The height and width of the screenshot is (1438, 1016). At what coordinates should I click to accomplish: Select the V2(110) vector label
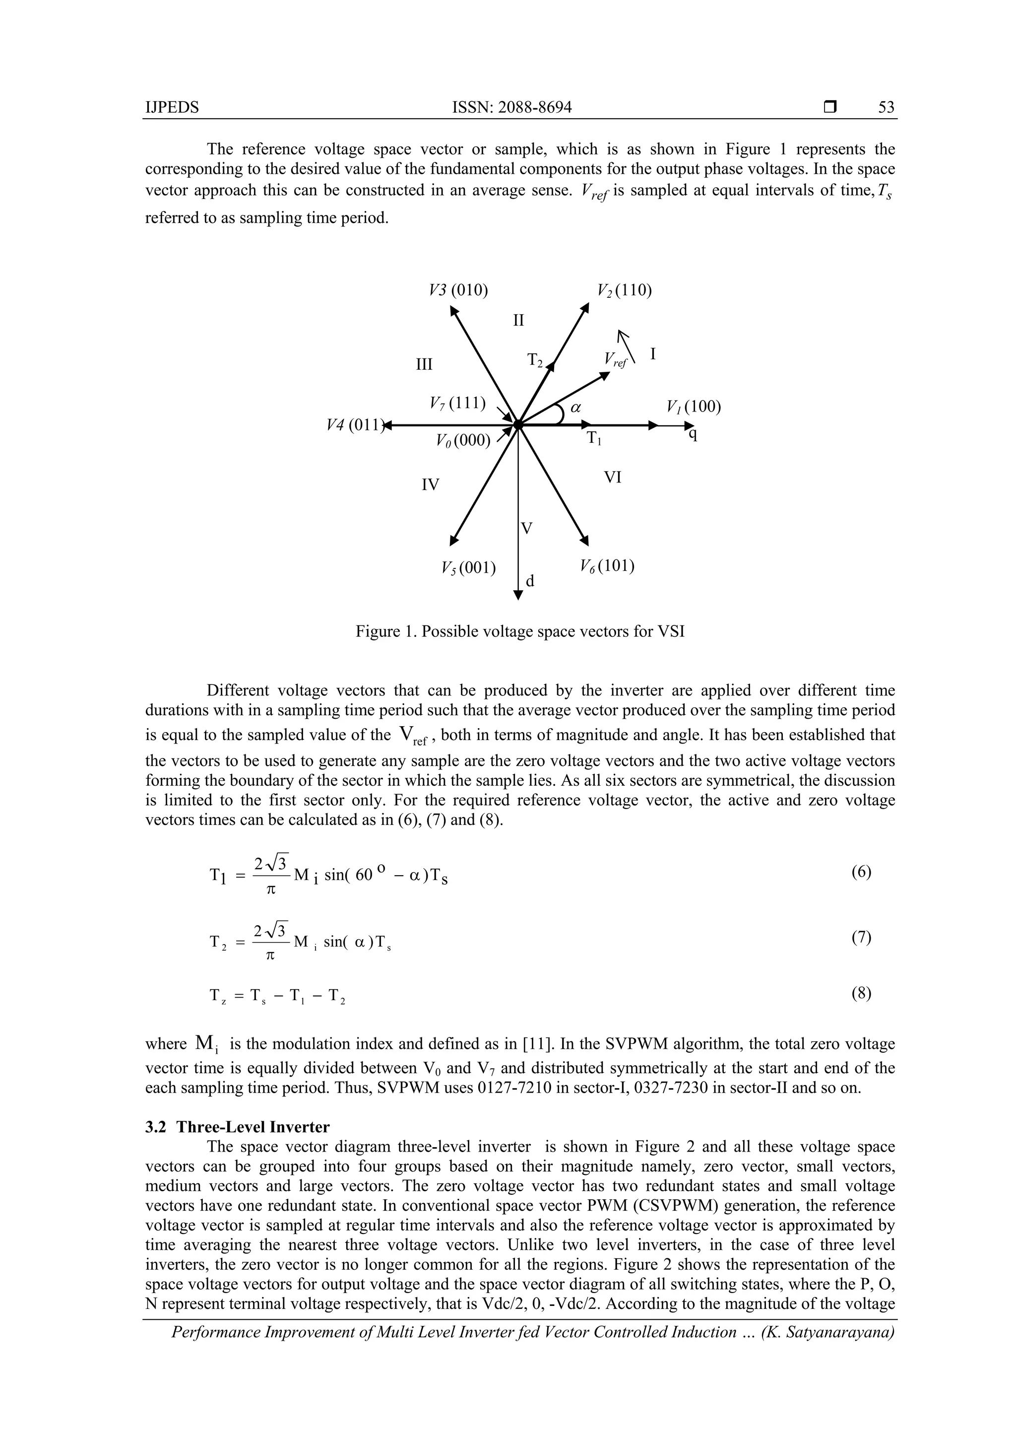tap(624, 290)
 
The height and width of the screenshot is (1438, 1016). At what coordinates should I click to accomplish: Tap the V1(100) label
tap(694, 407)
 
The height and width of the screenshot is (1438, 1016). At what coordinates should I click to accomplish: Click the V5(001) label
tap(468, 567)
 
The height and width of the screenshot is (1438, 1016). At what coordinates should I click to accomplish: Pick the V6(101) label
tap(607, 566)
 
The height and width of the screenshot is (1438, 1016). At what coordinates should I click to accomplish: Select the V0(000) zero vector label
tap(463, 441)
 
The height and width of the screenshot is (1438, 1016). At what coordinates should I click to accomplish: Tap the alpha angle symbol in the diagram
tap(576, 407)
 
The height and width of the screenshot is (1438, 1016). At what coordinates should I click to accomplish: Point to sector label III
tap(425, 364)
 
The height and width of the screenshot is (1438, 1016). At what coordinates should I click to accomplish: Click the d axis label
tap(530, 581)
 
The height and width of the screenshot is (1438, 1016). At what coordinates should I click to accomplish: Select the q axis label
tap(692, 433)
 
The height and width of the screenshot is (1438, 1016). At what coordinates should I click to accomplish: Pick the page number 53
tap(887, 107)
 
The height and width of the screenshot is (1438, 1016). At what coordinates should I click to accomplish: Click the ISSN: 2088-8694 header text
tap(511, 107)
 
